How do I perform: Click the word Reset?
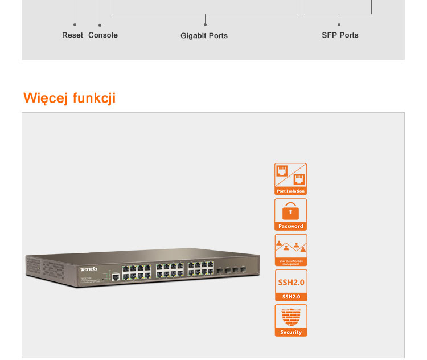[x=72, y=35]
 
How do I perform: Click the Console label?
[x=103, y=35]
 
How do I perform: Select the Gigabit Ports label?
[x=204, y=36]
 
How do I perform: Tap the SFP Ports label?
[x=340, y=35]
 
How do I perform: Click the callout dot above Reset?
[x=75, y=25]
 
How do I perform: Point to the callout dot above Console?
[x=100, y=25]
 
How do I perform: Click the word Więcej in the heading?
[x=46, y=98]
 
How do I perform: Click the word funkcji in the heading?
[x=94, y=98]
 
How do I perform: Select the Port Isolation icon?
[x=291, y=179]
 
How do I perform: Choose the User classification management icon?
[x=291, y=249]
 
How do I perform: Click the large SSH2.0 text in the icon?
[x=291, y=282]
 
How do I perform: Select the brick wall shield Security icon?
[x=291, y=317]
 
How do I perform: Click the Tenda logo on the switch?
[x=88, y=269]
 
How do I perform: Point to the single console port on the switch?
[x=115, y=277]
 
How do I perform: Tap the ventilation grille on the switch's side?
[x=50, y=267]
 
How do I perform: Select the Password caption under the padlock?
[x=291, y=226]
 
